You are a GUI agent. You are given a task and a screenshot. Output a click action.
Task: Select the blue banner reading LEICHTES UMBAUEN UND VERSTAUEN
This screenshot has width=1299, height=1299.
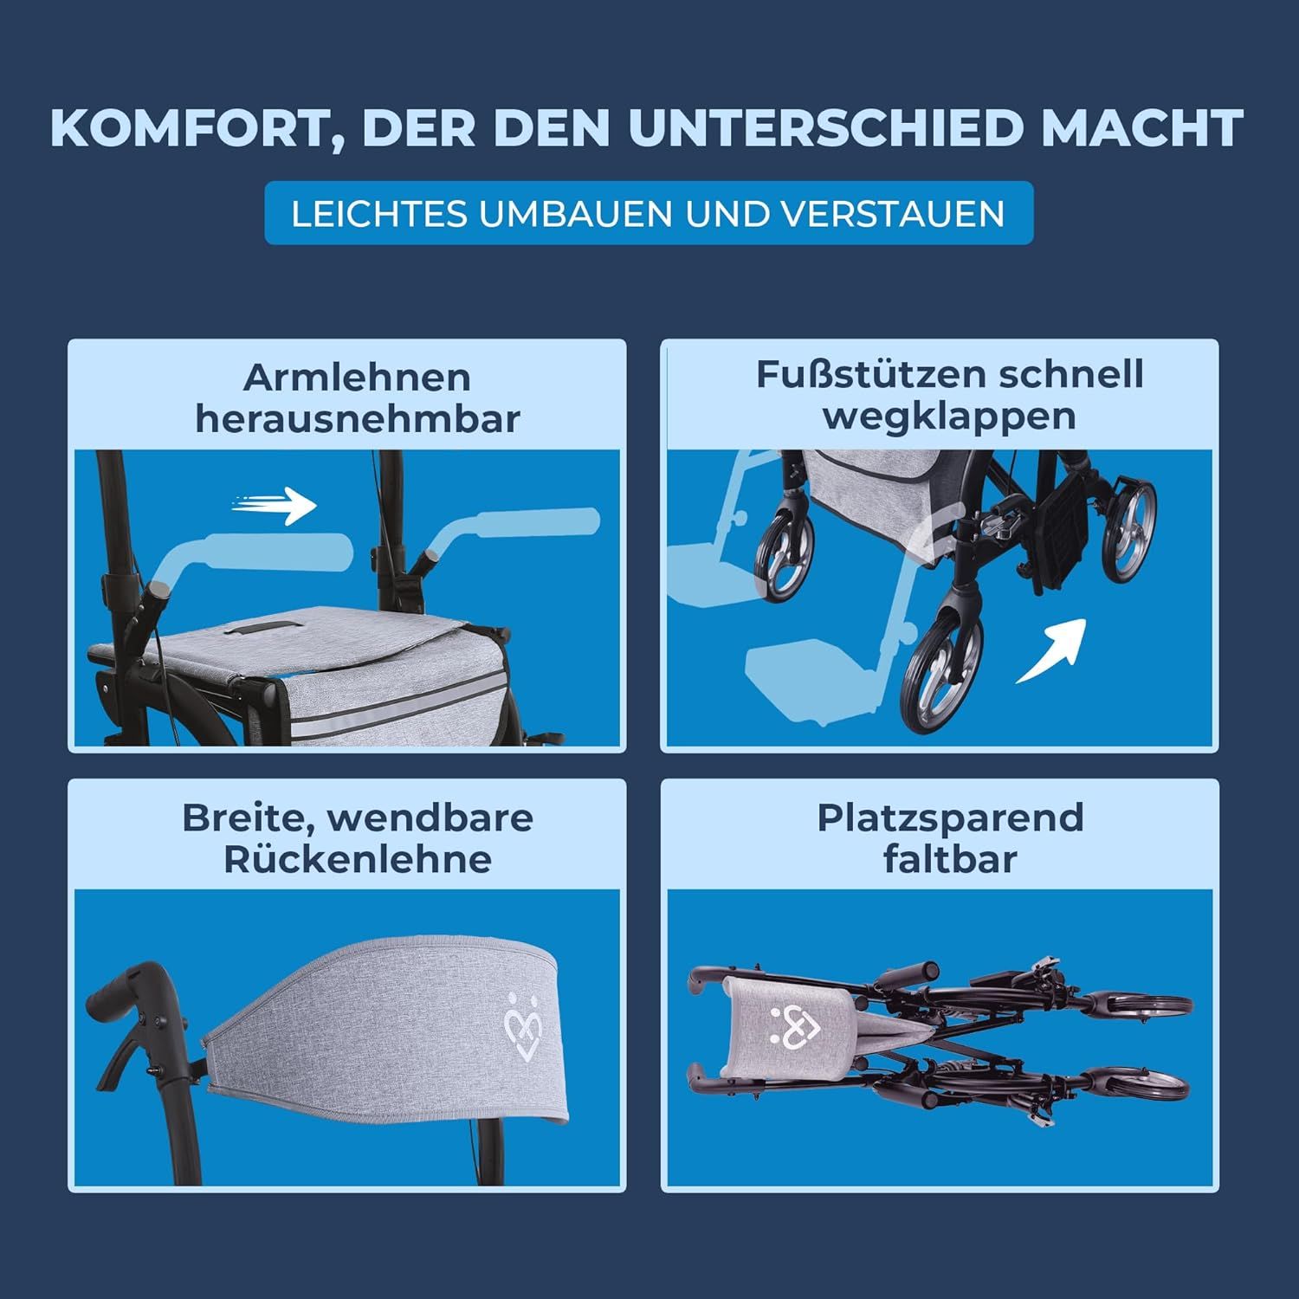pos(649,213)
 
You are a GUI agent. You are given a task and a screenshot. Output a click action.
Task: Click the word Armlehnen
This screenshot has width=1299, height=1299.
pos(357,378)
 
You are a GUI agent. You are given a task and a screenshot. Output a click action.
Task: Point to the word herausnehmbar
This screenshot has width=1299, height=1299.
pos(357,419)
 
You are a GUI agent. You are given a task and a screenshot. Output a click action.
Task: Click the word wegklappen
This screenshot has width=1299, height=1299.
pos(949,416)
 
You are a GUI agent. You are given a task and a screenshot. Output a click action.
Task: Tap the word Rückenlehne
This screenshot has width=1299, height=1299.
pos(357,859)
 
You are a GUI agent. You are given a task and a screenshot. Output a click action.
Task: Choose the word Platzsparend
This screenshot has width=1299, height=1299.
pos(950,818)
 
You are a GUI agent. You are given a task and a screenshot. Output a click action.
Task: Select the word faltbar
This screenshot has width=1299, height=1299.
pos(950,859)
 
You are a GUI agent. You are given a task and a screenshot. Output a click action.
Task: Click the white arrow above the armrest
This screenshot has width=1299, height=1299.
pos(275,506)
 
